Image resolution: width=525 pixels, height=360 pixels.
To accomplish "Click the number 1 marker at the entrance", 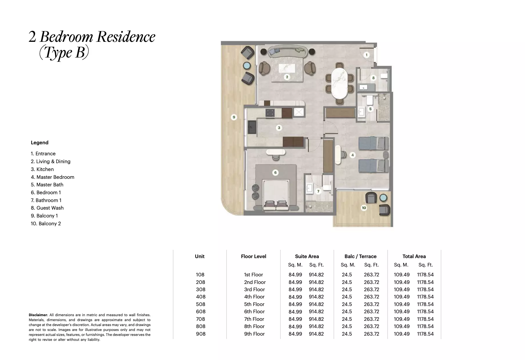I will click(366, 55).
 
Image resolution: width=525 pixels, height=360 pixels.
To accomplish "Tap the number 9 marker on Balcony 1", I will click(234, 117).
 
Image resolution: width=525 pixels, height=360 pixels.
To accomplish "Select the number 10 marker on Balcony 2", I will click(364, 208).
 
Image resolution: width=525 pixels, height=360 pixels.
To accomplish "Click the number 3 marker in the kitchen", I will click(279, 128).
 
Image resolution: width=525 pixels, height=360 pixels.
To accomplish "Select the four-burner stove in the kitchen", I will click(67, 113).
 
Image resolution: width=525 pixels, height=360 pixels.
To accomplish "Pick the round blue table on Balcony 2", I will click(383, 198).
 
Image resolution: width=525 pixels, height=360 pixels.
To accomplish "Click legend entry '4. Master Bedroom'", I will click(52, 177).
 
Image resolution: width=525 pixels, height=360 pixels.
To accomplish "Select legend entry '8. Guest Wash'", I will click(47, 208).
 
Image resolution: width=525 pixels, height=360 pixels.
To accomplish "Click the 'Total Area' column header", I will click(414, 256).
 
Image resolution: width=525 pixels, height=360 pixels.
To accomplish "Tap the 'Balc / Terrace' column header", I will click(360, 256).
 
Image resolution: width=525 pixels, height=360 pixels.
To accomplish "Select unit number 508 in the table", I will click(200, 304).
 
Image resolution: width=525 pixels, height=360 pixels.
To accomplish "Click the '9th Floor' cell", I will click(254, 334).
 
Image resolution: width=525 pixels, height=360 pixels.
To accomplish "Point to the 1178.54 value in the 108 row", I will click(425, 275).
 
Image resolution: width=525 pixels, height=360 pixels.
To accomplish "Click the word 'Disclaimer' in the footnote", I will click(38, 315).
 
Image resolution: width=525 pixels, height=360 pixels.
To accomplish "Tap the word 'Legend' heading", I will click(40, 143).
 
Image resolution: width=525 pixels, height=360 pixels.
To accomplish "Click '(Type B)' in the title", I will click(64, 53).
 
